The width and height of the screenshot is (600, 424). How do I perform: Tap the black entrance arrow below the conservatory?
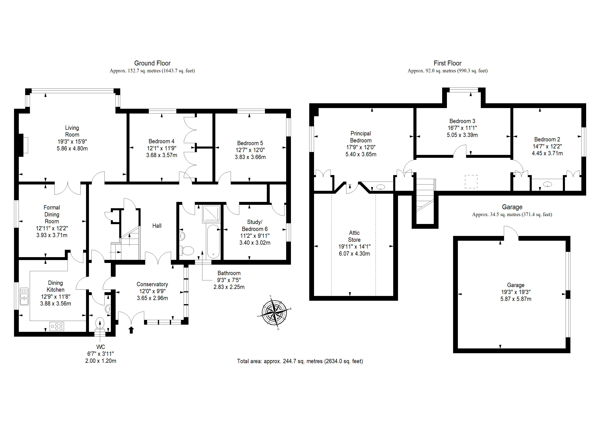pos(131,330)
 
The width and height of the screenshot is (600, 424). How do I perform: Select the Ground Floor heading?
pos(152,63)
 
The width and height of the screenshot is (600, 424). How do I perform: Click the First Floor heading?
pos(447,63)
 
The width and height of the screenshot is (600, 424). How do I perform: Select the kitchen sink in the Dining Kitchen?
pos(24,296)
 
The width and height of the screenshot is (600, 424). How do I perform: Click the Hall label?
pos(157,226)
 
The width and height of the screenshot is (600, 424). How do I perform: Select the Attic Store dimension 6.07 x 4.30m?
pos(354,254)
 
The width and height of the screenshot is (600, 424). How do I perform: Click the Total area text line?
pos(300,361)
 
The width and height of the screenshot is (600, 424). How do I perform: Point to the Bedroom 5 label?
pos(250,143)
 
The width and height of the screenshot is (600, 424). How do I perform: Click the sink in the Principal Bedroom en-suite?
pos(381,187)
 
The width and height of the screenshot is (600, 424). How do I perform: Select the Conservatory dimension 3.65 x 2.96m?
pos(152,298)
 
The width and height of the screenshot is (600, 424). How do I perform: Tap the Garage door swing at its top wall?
pos(511,233)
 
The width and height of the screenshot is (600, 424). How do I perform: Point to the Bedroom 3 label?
pos(462,121)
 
